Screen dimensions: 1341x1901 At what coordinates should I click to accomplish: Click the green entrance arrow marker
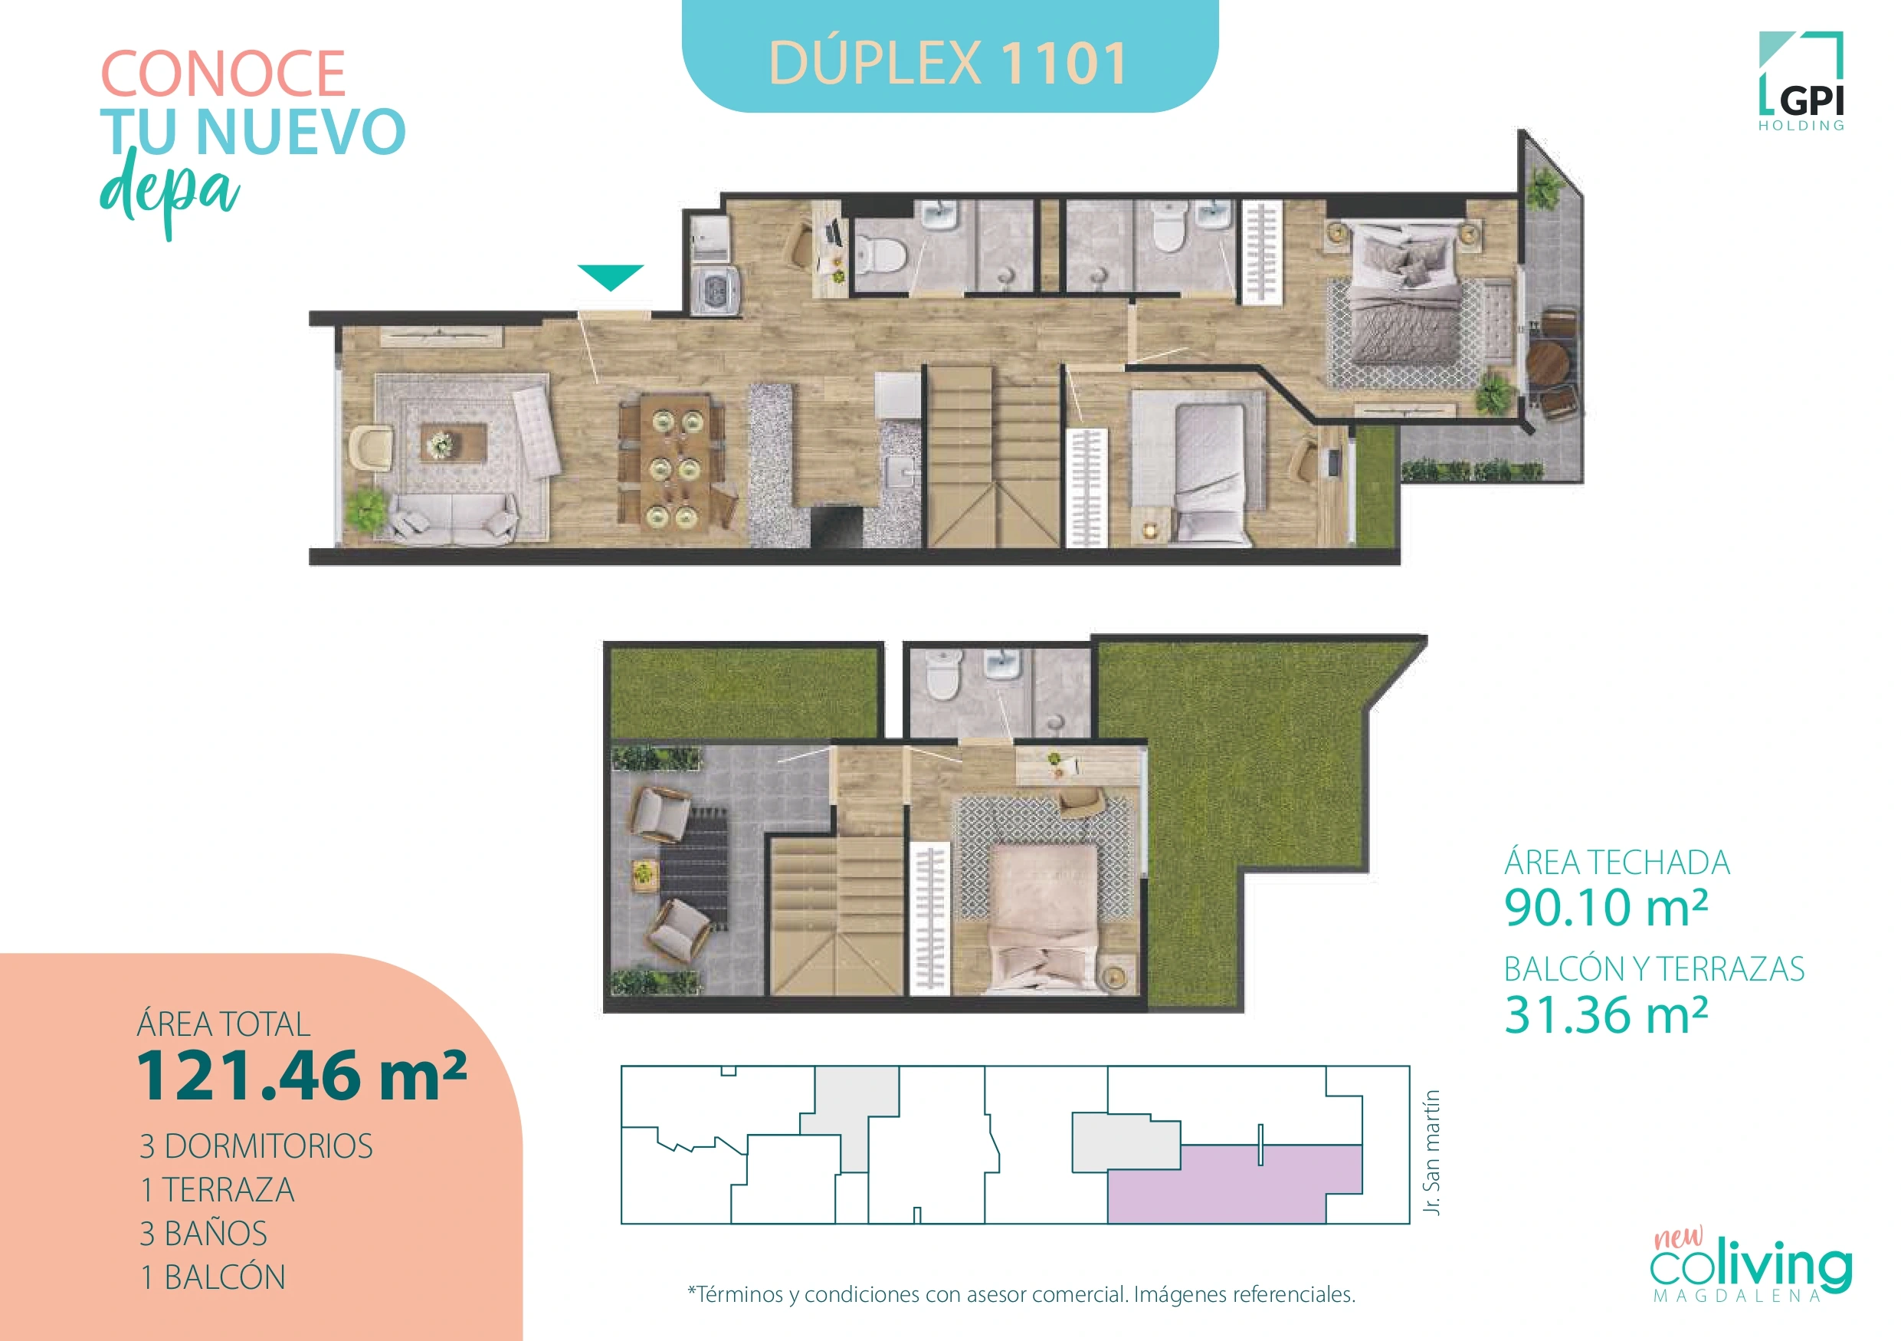tap(610, 277)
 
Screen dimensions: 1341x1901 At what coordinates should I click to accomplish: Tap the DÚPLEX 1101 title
tap(949, 63)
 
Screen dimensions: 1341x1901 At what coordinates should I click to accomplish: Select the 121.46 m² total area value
tap(301, 1076)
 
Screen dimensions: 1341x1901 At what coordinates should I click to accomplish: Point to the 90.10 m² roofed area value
tap(1605, 908)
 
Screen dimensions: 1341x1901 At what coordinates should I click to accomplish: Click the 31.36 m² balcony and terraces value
tap(1605, 1014)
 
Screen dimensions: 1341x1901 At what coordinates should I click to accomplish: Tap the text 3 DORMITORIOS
tap(256, 1146)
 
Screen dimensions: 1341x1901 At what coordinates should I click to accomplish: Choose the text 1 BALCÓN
tap(213, 1277)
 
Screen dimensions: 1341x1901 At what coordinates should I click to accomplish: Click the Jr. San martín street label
tap(1431, 1152)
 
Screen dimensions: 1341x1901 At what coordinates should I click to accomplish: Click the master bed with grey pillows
tap(1404, 302)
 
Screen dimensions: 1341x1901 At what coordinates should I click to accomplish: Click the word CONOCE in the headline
tap(223, 74)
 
